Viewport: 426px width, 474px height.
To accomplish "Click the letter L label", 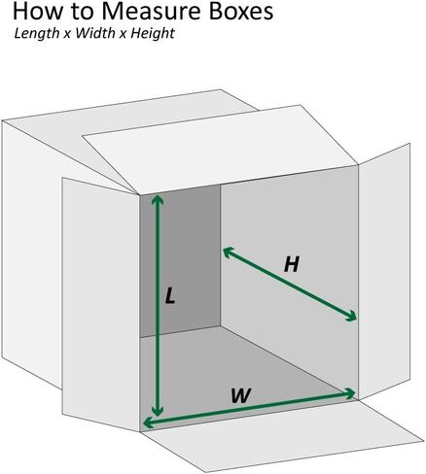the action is tap(170, 296).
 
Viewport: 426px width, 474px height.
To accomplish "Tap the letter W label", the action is tap(241, 395).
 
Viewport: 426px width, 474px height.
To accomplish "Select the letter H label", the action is tap(291, 264).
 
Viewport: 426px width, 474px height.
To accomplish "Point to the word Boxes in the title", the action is tap(240, 12).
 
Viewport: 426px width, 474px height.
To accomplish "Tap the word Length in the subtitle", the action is tap(37, 34).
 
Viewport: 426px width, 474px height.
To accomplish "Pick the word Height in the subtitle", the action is tap(153, 34).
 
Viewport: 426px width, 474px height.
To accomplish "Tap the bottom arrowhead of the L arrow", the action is tap(158, 411).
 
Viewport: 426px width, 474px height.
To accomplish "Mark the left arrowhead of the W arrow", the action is tap(148, 423).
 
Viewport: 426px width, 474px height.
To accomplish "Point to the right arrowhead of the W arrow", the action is tap(351, 393).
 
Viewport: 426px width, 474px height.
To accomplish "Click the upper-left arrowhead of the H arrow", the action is tap(228, 252).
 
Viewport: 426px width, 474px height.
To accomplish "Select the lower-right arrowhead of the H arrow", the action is tap(351, 317).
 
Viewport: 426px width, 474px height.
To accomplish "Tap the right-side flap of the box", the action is tap(384, 271).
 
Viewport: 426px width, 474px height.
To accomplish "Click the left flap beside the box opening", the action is tap(100, 304).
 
